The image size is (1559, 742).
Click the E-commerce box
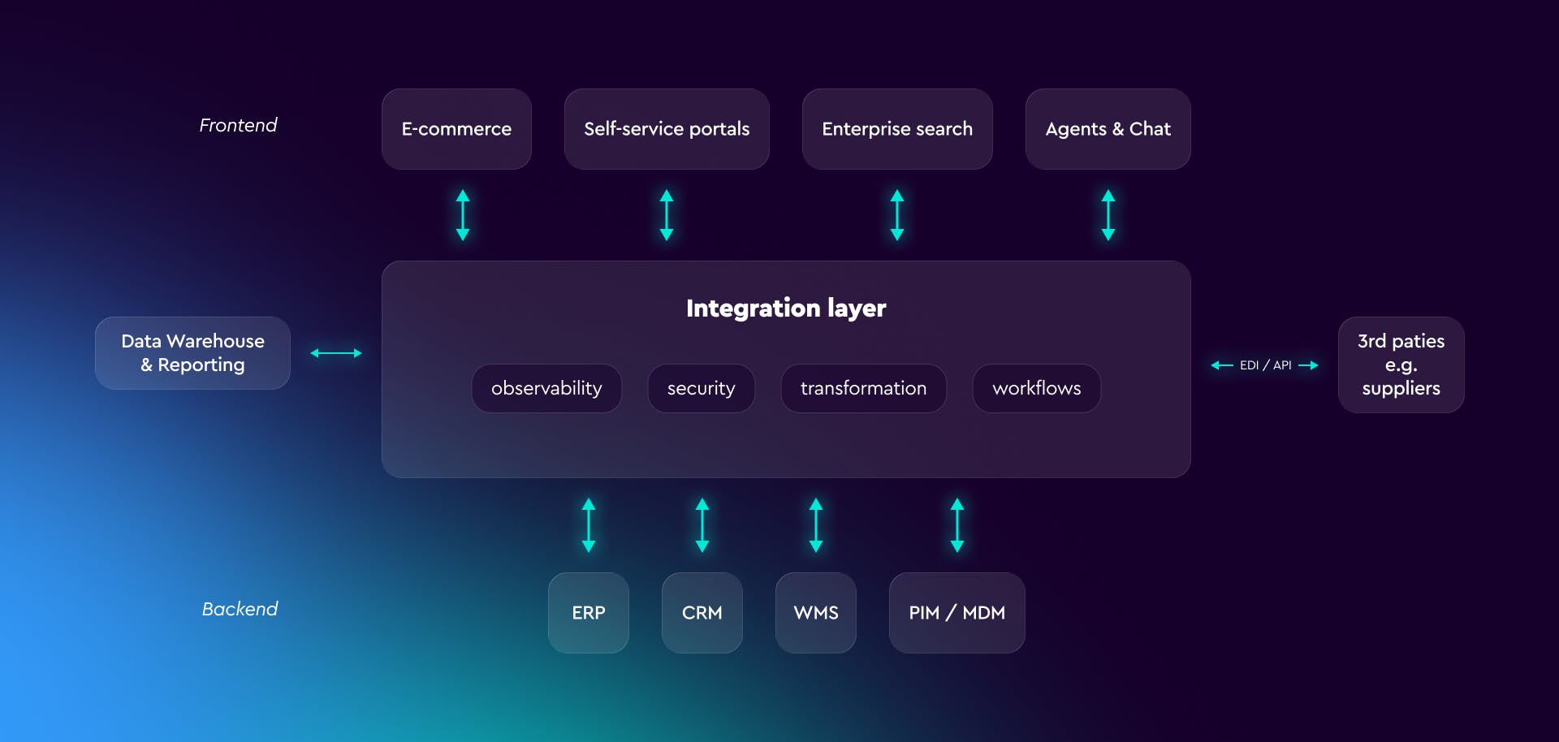pyautogui.click(x=456, y=129)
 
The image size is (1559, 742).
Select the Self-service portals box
pyautogui.click(x=667, y=129)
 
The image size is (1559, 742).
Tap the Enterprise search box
pyautogui.click(x=896, y=129)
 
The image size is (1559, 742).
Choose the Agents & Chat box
pyautogui.click(x=1108, y=129)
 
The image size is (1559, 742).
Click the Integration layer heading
pyautogui.click(x=786, y=308)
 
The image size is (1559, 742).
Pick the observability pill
pyautogui.click(x=546, y=388)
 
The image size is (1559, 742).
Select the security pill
pyautogui.click(x=701, y=388)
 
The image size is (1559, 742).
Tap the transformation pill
pyautogui.click(x=863, y=388)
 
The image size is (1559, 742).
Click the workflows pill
pyautogui.click(x=1036, y=388)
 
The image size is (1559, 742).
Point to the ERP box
pyautogui.click(x=589, y=613)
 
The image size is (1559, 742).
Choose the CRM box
pyautogui.click(x=702, y=613)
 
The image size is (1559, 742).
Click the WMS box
pyautogui.click(x=816, y=613)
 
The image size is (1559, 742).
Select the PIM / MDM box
pyautogui.click(x=957, y=613)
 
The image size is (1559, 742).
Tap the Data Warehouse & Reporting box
pyautogui.click(x=192, y=353)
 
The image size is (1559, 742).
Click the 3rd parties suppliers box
pyautogui.click(x=1401, y=365)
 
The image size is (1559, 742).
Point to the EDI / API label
pyautogui.click(x=1265, y=365)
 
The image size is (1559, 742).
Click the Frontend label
pyautogui.click(x=238, y=125)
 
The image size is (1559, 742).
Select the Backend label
pyautogui.click(x=240, y=609)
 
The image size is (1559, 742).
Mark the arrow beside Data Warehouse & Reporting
pyautogui.click(x=336, y=353)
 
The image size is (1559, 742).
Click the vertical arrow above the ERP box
pyautogui.click(x=589, y=525)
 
